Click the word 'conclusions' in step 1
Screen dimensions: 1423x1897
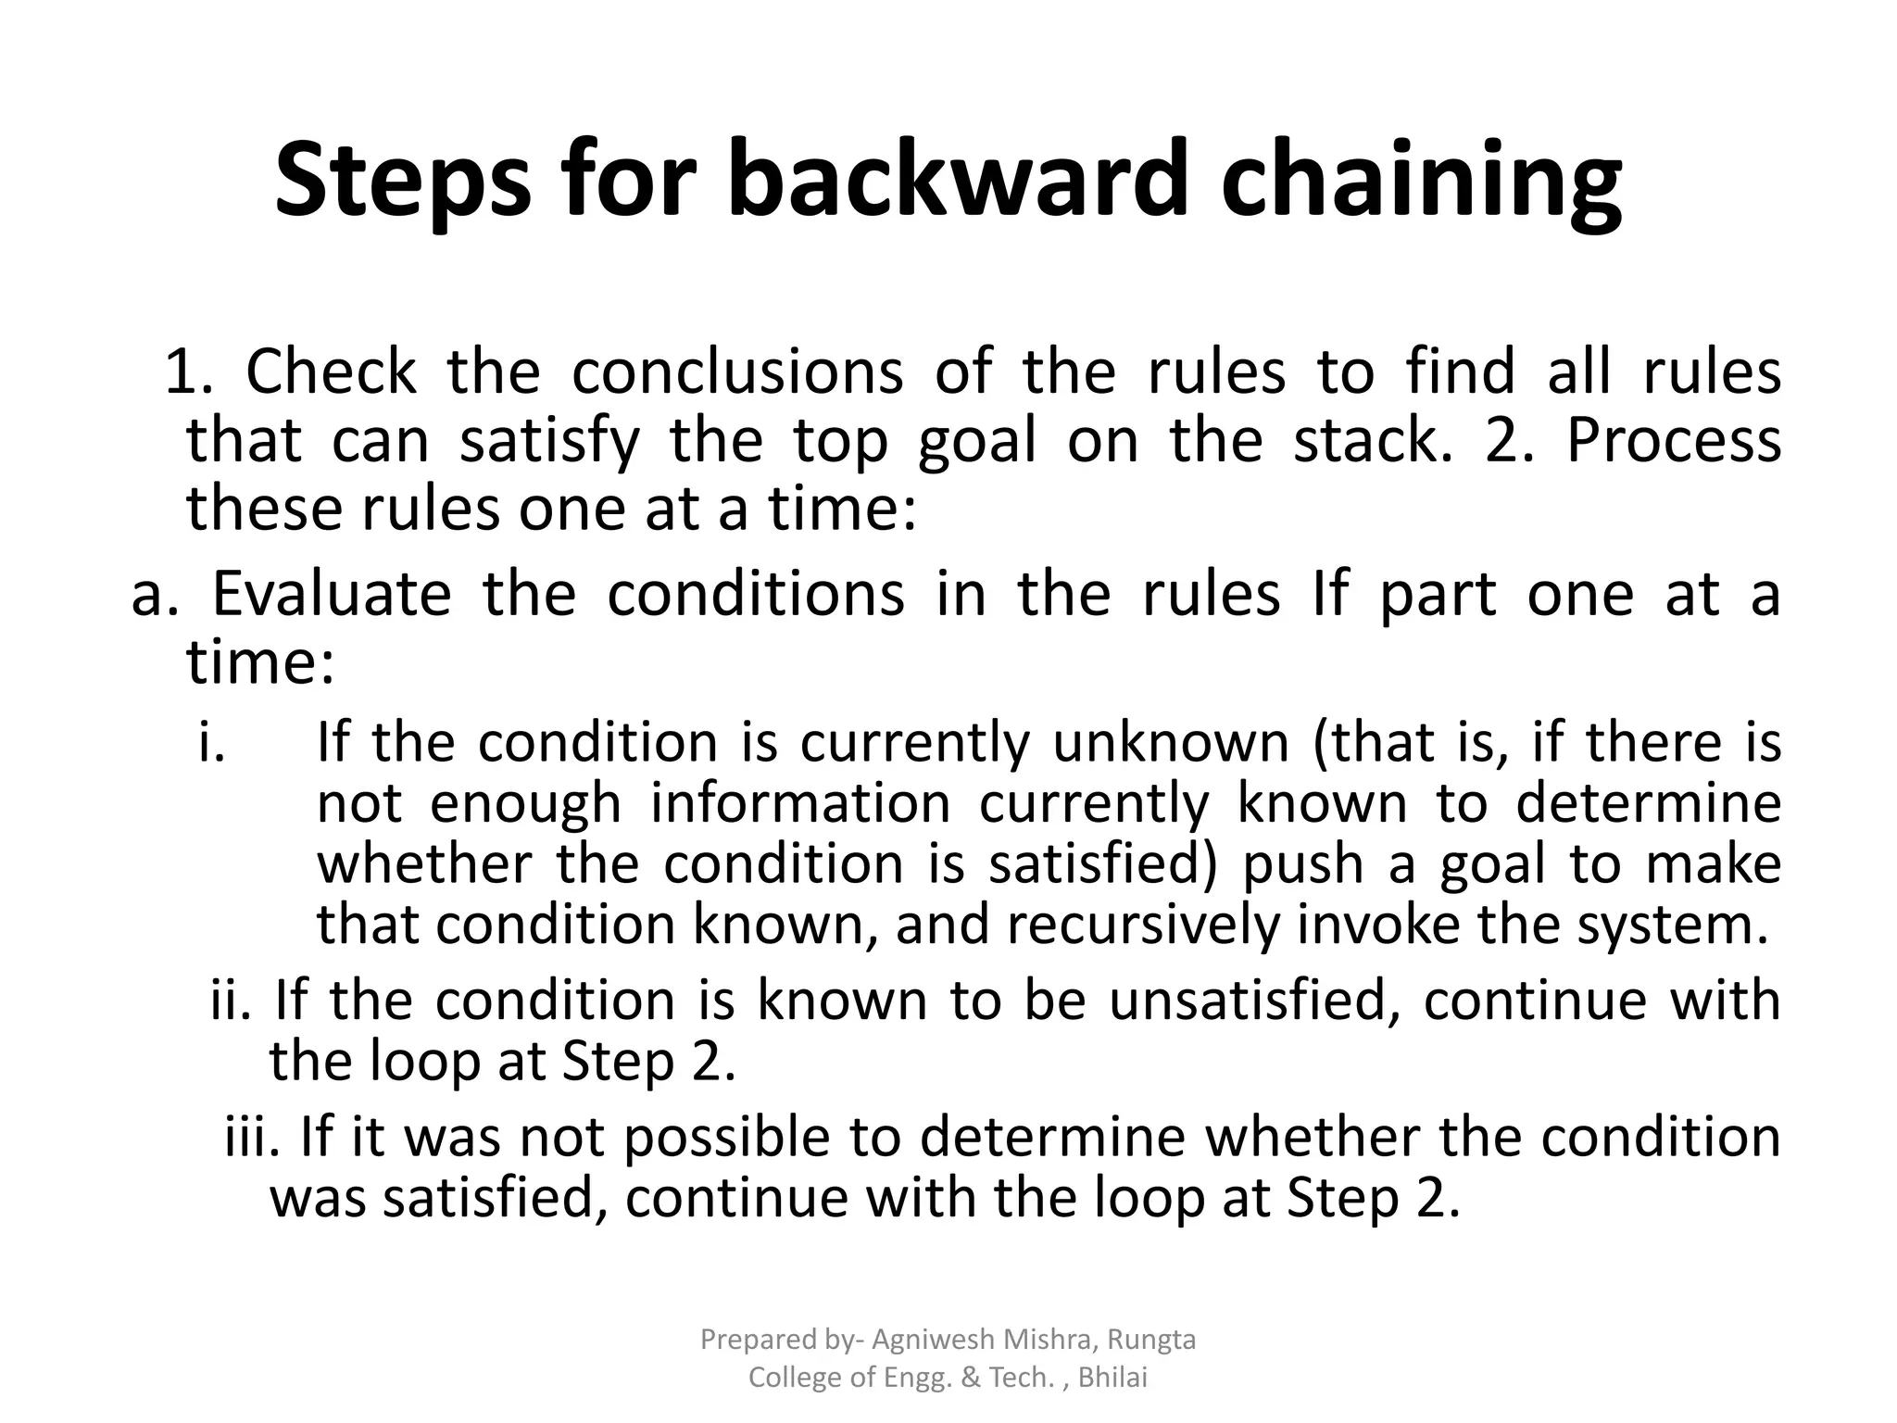point(736,371)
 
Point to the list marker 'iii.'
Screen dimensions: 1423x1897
point(251,1137)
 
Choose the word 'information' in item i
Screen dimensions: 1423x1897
point(800,803)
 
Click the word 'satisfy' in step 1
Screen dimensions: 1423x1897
point(549,441)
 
